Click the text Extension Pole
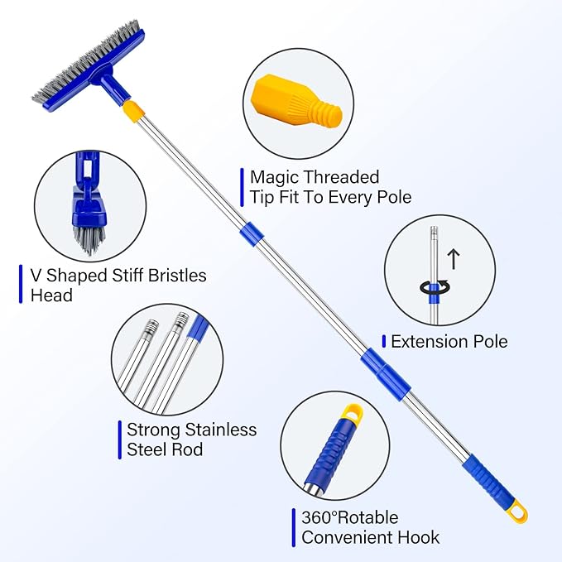pos(449,341)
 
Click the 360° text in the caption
pos(322,518)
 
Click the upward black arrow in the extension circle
pos(453,257)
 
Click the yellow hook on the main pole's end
pos(517,512)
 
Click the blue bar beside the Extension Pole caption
pos(384,341)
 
